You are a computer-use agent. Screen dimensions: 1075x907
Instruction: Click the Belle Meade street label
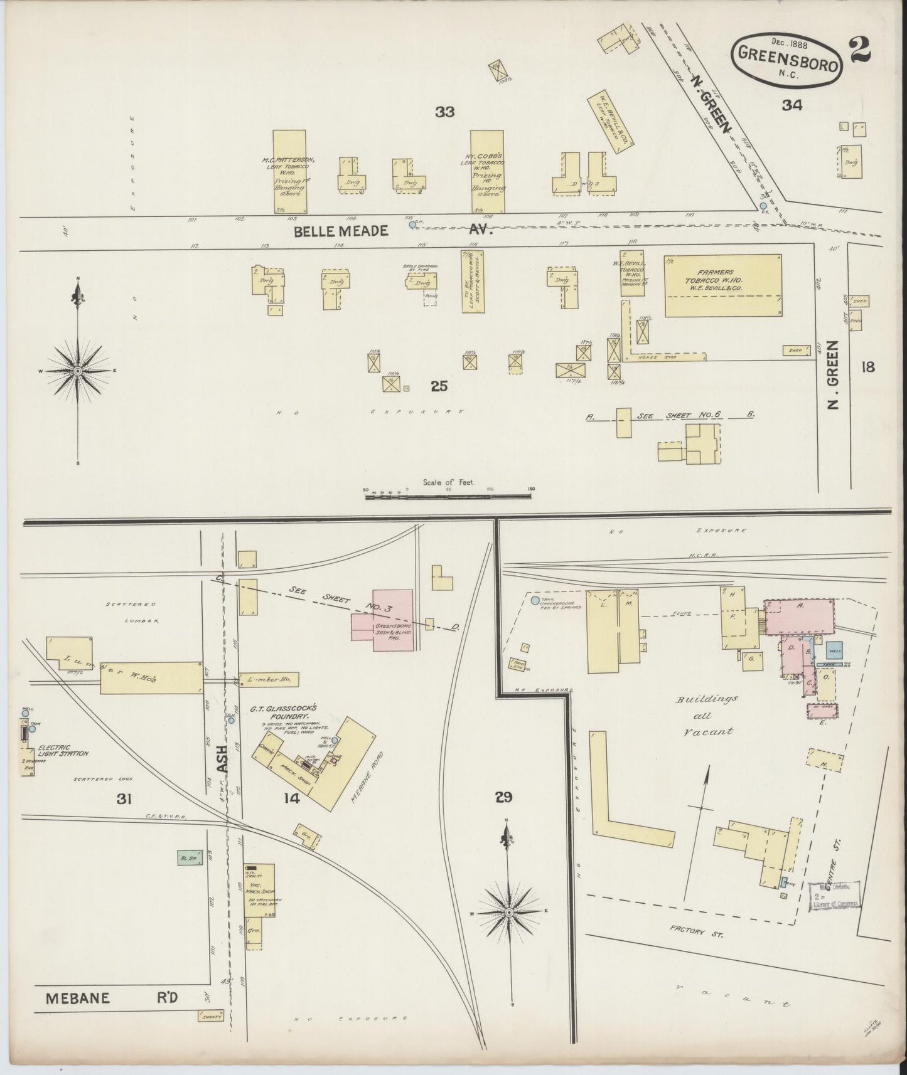[x=332, y=231]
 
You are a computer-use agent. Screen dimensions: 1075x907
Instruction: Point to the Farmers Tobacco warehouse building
[x=722, y=285]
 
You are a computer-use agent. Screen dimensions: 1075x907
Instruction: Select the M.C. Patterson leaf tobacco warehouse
[x=290, y=172]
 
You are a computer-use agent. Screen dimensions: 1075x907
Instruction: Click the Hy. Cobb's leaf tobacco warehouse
[x=487, y=172]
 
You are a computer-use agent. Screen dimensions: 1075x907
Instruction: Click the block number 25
[x=439, y=386]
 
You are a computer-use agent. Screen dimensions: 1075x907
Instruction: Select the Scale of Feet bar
[x=448, y=496]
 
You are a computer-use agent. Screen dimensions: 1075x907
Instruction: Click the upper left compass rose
[x=78, y=371]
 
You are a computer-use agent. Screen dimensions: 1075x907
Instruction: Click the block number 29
[x=503, y=797]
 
